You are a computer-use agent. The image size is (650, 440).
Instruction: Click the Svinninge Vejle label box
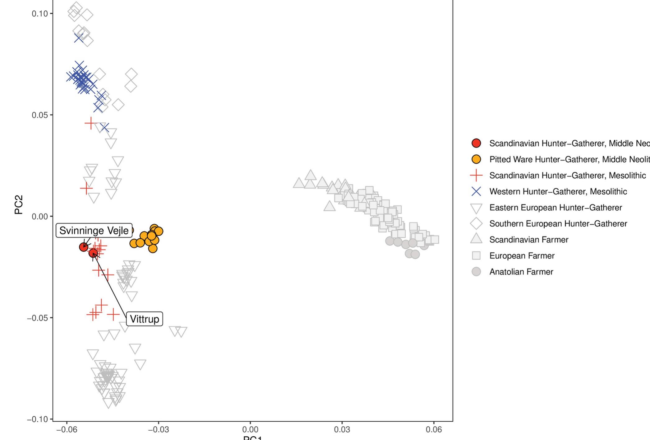coord(94,231)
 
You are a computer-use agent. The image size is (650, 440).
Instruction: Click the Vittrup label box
coord(145,319)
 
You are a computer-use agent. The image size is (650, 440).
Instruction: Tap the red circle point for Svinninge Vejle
coord(84,247)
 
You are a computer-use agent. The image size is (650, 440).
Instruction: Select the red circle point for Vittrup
coord(93,253)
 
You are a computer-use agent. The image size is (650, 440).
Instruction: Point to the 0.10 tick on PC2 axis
coord(39,14)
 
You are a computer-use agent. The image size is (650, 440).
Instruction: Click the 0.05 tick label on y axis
coord(39,115)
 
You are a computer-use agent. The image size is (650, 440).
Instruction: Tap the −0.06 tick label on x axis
coord(67,430)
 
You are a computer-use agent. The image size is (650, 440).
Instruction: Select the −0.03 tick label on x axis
coord(158,430)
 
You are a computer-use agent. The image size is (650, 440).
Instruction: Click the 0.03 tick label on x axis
coord(342,430)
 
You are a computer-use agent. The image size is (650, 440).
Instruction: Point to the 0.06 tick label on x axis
coord(434,430)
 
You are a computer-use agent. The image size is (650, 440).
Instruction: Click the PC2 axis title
coord(19,204)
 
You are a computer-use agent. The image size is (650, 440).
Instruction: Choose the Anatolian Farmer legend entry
coord(521,272)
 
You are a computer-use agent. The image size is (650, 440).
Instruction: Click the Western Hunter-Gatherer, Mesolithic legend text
coord(558,192)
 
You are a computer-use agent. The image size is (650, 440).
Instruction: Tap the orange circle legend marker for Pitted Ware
coord(476,159)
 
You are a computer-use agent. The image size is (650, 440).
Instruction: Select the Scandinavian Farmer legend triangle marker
coord(476,239)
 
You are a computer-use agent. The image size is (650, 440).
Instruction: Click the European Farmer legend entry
coord(522,256)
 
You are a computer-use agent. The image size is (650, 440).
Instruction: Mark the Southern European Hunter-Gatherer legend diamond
coord(476,223)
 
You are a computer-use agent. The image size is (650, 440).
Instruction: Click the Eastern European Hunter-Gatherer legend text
coord(555,208)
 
